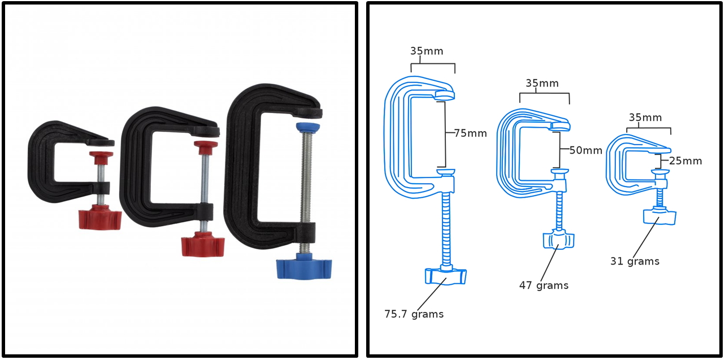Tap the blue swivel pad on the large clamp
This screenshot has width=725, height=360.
[307, 128]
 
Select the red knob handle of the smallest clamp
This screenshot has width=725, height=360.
[100, 216]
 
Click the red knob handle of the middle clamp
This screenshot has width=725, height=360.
[203, 244]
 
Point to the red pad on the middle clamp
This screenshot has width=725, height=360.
[206, 148]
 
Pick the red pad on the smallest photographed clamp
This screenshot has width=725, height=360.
[101, 158]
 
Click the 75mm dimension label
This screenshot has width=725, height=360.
[470, 133]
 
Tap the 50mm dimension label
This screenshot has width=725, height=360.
[586, 150]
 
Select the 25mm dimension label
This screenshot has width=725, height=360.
[685, 161]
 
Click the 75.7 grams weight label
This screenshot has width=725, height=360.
[414, 314]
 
